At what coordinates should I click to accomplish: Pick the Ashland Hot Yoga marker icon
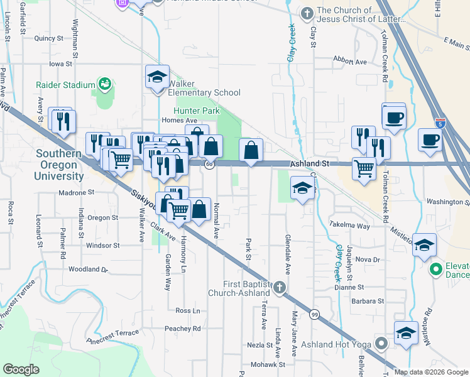coord(381,343)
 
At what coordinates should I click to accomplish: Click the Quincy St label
coord(50,38)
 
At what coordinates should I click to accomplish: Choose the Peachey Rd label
coord(182,329)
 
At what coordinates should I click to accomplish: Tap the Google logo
coord(21,369)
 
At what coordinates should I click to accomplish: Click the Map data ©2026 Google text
coord(430,372)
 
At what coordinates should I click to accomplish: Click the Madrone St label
coord(75,192)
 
